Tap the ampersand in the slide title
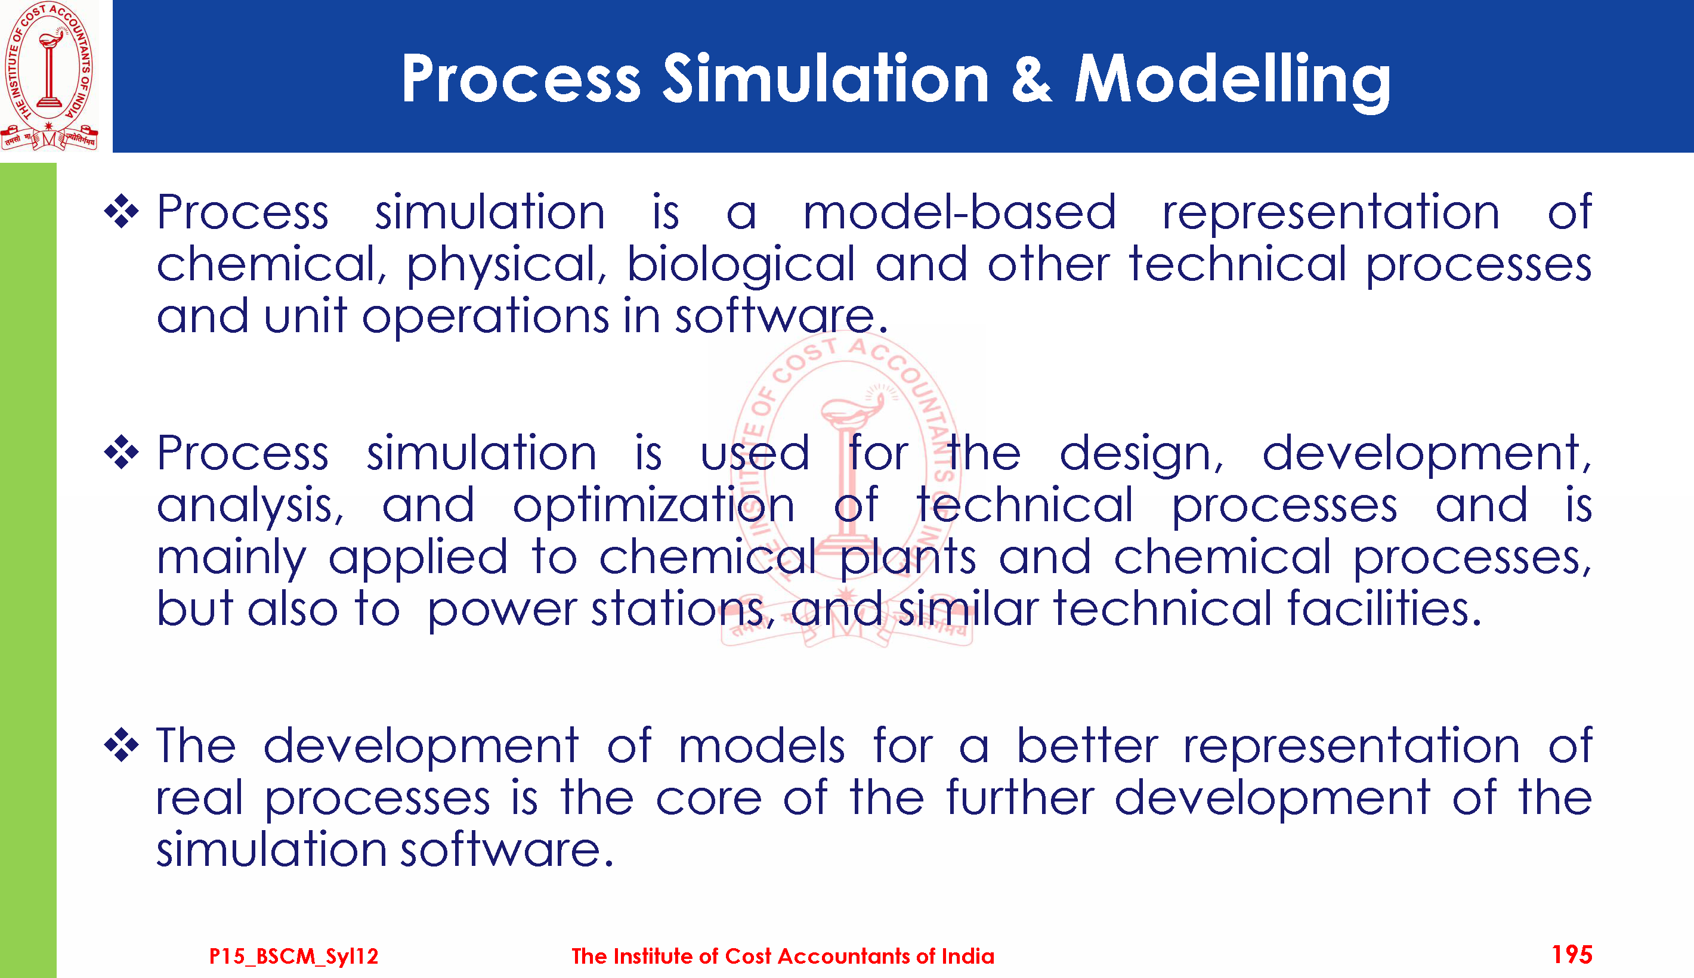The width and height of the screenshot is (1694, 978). click(x=1031, y=79)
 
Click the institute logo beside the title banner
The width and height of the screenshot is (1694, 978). click(x=49, y=76)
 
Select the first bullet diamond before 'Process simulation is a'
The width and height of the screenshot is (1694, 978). click(x=122, y=212)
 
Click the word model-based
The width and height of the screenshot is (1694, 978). click(x=959, y=212)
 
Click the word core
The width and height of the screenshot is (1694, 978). click(x=709, y=799)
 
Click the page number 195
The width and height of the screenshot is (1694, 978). click(x=1572, y=955)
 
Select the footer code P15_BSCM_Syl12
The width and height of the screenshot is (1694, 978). click(x=293, y=956)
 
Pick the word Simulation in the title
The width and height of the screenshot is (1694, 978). click(x=826, y=79)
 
